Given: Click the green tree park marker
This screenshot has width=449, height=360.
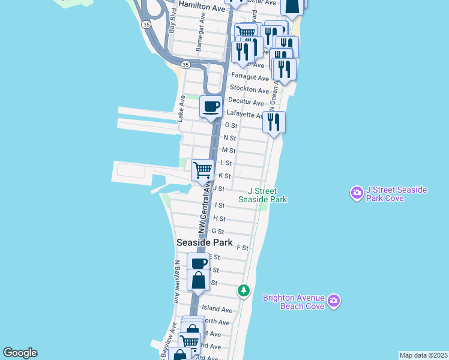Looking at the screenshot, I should (x=243, y=290).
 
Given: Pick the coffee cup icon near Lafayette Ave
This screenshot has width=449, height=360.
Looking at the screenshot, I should (x=211, y=107).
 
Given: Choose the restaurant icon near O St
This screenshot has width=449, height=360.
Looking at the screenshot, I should (x=274, y=122).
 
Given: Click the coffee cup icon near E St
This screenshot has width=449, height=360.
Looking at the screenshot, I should (x=198, y=263).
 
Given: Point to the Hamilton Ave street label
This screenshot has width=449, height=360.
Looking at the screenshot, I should (x=202, y=8).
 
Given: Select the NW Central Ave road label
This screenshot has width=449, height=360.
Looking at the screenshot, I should (x=204, y=209).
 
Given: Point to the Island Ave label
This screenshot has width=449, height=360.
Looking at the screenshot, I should (x=217, y=309).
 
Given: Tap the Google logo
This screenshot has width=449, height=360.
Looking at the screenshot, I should (x=20, y=353).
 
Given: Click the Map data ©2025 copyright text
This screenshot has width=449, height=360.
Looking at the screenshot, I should (x=423, y=355).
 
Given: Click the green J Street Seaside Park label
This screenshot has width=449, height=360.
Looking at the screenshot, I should (x=263, y=195).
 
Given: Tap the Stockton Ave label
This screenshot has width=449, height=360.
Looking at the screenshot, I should (x=250, y=90).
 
